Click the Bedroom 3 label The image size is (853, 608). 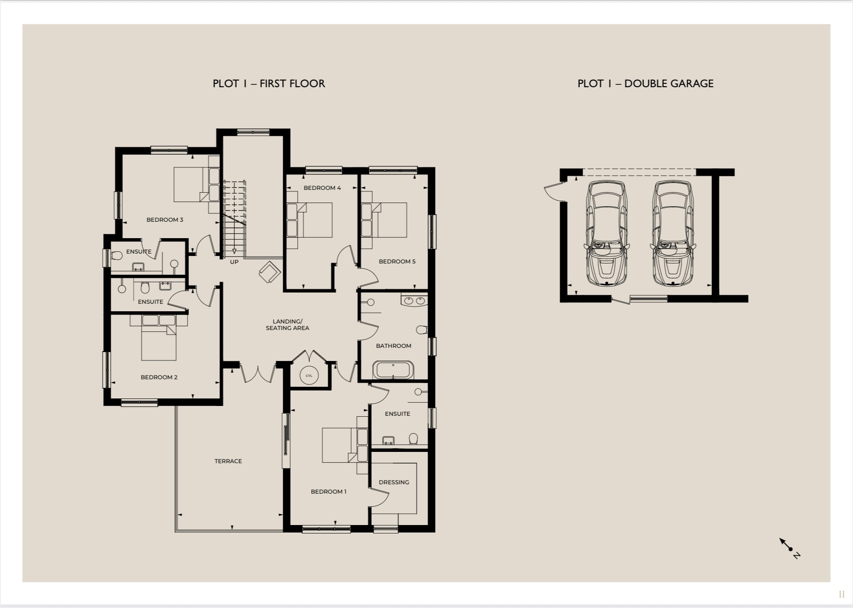click(165, 219)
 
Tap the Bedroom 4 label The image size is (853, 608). click(322, 188)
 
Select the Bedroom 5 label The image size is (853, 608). click(397, 261)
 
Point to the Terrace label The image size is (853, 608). click(228, 461)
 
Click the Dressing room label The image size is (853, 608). click(394, 482)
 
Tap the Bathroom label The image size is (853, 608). click(393, 345)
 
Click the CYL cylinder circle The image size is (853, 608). click(309, 375)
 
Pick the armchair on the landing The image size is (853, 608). click(269, 271)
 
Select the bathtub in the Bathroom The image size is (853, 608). click(393, 370)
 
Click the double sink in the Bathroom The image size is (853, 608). click(414, 300)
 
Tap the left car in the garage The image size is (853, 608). click(606, 233)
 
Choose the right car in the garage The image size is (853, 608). click(673, 233)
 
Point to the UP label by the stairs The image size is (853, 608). click(234, 262)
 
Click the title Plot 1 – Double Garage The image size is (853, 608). click(645, 83)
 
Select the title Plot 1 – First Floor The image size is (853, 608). click(269, 83)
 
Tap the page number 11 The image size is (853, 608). click(841, 594)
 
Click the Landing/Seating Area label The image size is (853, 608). click(287, 324)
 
